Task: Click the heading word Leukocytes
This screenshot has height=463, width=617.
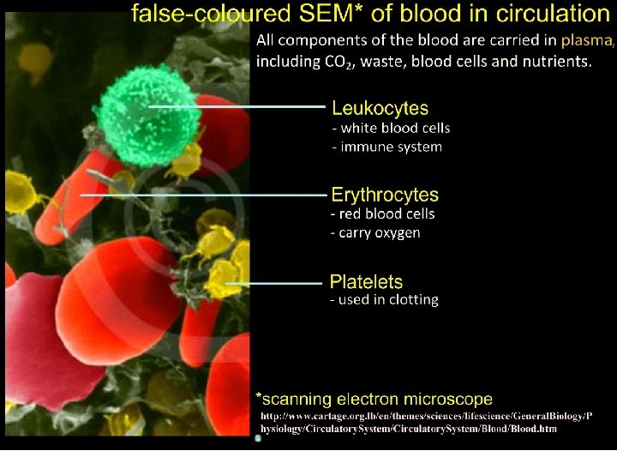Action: [380, 109]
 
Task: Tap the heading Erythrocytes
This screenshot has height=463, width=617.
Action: [385, 195]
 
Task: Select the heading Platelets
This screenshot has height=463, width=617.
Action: [366, 281]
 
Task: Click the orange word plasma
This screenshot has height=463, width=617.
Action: [587, 40]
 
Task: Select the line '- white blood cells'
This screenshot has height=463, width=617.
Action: [391, 129]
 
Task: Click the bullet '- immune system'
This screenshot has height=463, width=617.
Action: [386, 147]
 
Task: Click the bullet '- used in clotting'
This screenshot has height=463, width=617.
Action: [385, 300]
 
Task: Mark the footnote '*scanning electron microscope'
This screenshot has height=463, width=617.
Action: [374, 399]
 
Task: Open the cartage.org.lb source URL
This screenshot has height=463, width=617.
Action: [425, 423]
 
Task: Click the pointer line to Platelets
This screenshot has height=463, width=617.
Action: [273, 282]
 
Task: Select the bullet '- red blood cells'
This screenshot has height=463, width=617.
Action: [383, 214]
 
